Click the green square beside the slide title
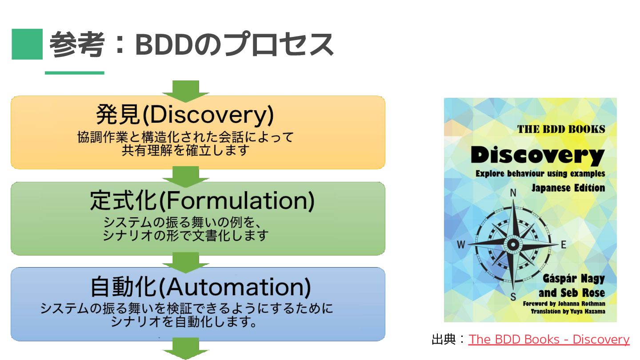coord(27,44)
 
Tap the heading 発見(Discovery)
coord(185,115)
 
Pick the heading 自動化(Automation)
coord(200,287)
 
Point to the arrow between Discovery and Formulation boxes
coord(186,176)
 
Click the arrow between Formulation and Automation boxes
coord(186,262)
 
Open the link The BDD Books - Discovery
coord(549,340)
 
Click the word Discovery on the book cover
coord(537,155)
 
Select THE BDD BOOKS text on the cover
coord(561,129)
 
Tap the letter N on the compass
coord(513,193)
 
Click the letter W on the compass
coord(461,244)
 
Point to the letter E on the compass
coord(564,244)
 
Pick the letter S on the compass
coord(513,297)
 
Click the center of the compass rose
coord(513,244)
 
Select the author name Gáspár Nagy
coord(573,279)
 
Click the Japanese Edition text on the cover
coord(568,188)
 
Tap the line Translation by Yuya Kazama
coord(568,312)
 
